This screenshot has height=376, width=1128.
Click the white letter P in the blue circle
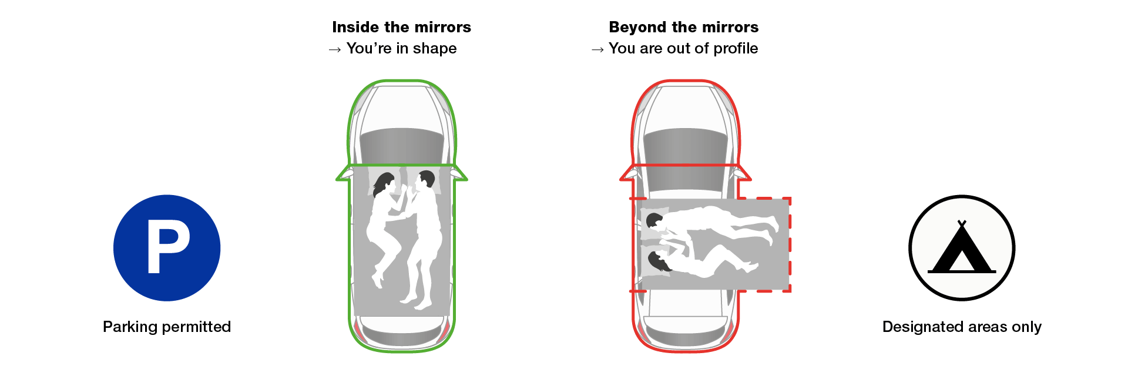point(168,246)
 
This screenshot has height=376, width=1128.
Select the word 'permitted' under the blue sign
point(199,327)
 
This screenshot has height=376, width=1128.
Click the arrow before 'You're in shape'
point(335,50)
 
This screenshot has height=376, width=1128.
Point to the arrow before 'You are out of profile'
point(597,50)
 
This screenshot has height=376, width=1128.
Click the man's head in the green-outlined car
point(425,180)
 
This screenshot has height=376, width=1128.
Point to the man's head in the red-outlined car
point(654,221)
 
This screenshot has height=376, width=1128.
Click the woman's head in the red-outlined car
point(658,261)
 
